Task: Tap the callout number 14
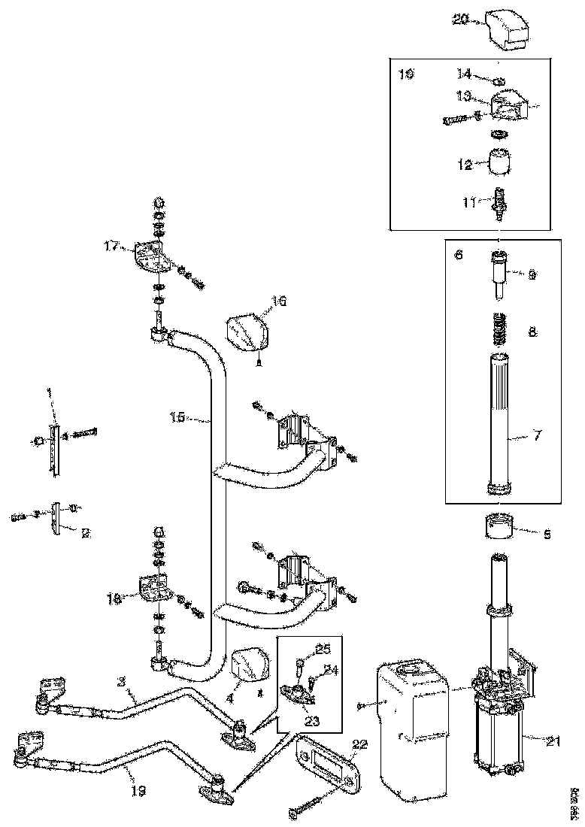[x=464, y=74]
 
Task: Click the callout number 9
[x=532, y=275]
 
